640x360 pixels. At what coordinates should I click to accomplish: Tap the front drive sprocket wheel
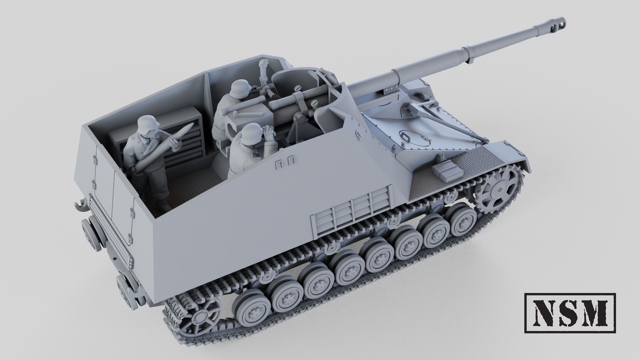498,189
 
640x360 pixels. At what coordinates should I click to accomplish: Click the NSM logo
570,313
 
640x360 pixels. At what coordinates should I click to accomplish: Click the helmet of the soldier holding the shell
148,124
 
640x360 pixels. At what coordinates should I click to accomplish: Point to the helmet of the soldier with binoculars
252,133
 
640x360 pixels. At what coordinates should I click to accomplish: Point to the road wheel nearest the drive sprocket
461,219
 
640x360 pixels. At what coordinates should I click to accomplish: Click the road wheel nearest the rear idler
252,308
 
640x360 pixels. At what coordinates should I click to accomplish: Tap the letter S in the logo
570,313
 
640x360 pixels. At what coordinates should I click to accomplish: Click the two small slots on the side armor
285,163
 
